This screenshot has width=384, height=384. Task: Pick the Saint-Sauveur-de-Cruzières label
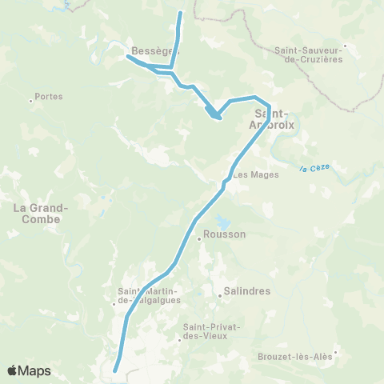click(x=308, y=54)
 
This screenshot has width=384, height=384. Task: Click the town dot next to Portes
click(x=31, y=100)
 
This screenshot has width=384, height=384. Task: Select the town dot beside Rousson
click(x=199, y=238)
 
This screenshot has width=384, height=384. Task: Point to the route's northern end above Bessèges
click(x=180, y=13)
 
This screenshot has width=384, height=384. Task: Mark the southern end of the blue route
click(x=115, y=370)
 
